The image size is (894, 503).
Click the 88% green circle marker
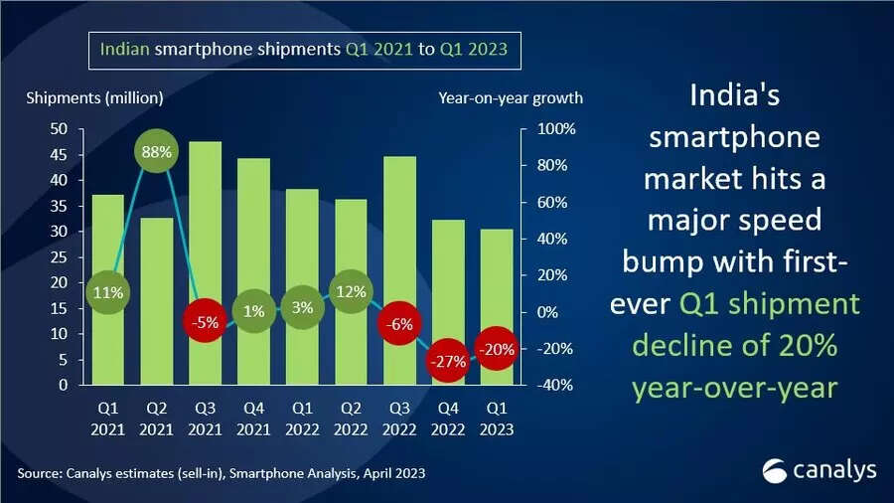(157, 153)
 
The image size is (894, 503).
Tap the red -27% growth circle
(447, 362)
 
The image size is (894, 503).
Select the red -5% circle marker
(205, 323)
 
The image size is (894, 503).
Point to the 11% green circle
(109, 292)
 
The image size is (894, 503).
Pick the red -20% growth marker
(495, 349)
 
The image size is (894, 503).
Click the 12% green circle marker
(351, 292)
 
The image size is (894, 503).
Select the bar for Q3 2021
(205, 229)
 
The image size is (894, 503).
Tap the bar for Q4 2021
(253, 239)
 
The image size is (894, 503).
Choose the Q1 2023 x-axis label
(495, 419)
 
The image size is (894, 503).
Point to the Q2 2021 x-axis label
(157, 419)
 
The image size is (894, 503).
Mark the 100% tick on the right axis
(556, 129)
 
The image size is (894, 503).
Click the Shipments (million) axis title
(95, 97)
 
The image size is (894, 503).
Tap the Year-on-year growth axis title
(510, 97)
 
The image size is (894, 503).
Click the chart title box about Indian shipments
(305, 48)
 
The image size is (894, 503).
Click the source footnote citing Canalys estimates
(221, 473)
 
